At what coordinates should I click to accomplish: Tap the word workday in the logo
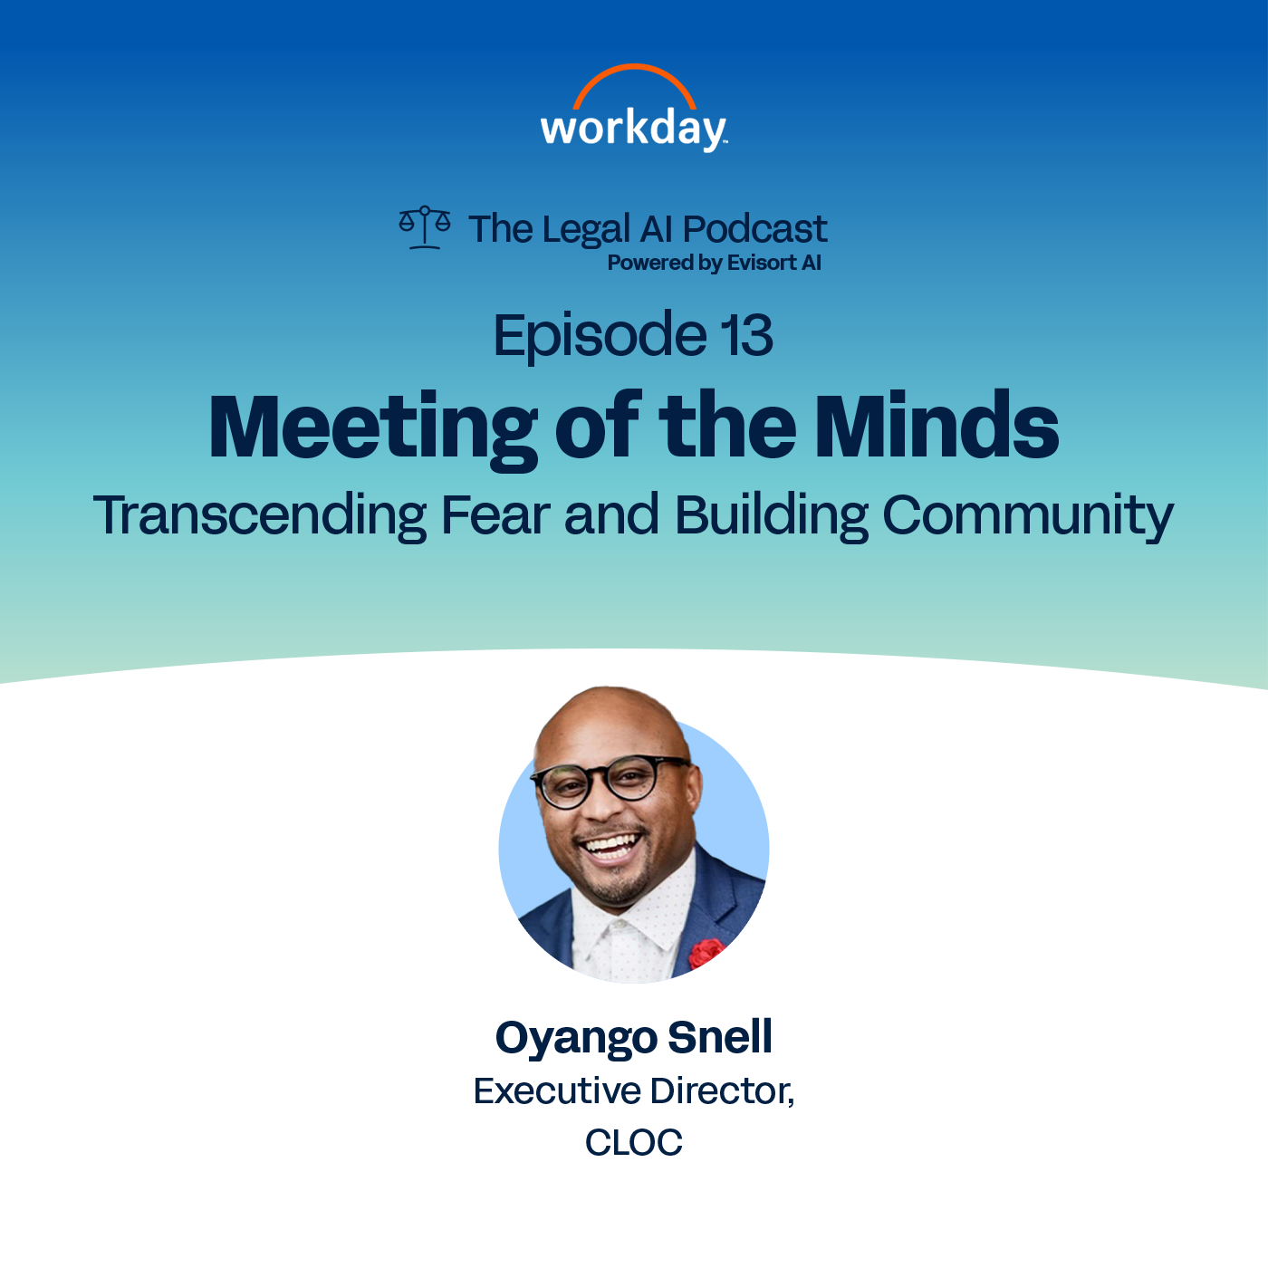[x=633, y=129]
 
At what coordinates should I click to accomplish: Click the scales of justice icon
[x=425, y=226]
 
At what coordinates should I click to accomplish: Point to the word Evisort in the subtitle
[x=762, y=263]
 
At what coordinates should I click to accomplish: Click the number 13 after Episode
[x=747, y=335]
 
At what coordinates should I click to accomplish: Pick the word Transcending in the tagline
[x=260, y=516]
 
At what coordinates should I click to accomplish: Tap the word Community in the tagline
[x=1028, y=516]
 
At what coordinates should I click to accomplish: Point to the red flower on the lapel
[x=705, y=953]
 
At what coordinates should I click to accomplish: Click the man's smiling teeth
[x=610, y=848]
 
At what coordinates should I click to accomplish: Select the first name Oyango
[x=576, y=1038]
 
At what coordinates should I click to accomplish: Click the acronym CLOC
[x=634, y=1143]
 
